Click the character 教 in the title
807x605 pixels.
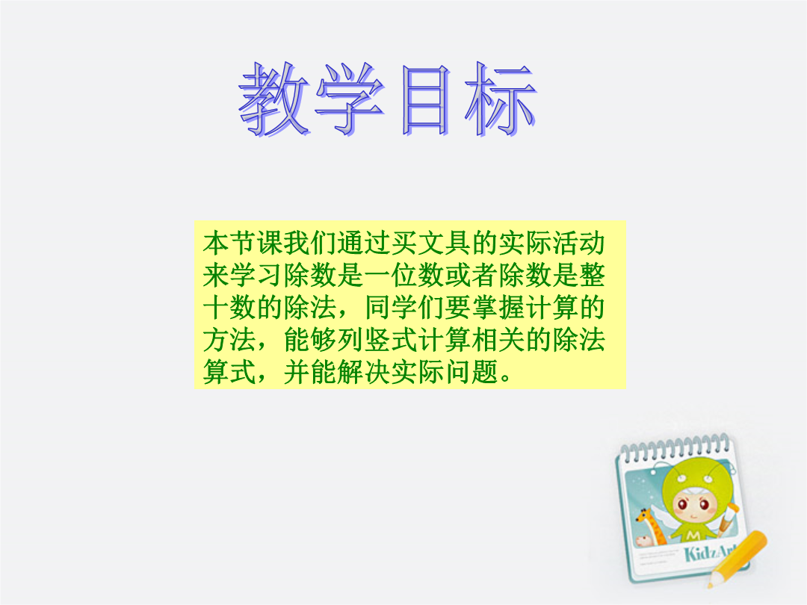click(x=273, y=99)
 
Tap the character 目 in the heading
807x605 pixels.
click(x=425, y=100)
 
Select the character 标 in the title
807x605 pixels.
click(x=500, y=99)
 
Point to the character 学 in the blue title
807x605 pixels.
click(x=350, y=99)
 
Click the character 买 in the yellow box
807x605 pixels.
click(x=404, y=243)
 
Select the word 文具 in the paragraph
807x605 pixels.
click(x=444, y=243)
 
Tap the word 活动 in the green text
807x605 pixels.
click(x=578, y=243)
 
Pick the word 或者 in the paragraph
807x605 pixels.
click(x=471, y=275)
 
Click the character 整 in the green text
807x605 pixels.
click(x=592, y=275)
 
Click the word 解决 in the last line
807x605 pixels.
click(x=364, y=372)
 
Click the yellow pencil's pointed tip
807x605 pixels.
click(x=710, y=586)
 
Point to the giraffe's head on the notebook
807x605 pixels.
click(x=644, y=515)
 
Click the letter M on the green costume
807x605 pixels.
click(x=693, y=536)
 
